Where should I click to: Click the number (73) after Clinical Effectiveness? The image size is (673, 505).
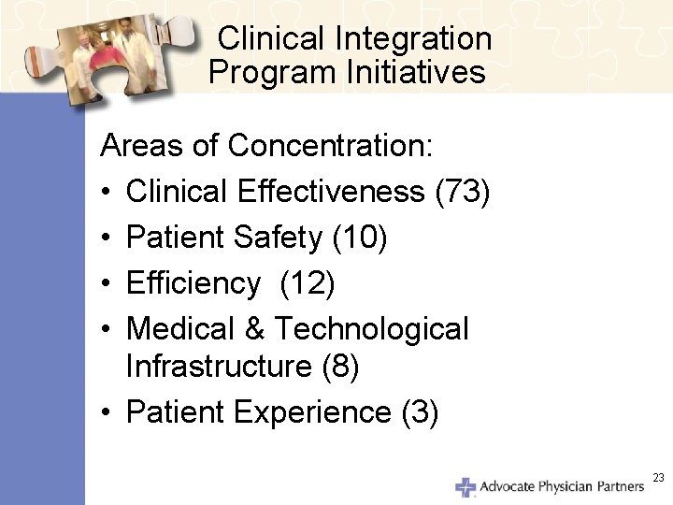(x=463, y=191)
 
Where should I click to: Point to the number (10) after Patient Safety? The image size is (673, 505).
(x=359, y=237)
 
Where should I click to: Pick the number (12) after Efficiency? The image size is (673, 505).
(x=307, y=282)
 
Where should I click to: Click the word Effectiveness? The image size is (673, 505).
(x=335, y=191)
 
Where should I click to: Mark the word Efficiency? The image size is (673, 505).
(x=193, y=282)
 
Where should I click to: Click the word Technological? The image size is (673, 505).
(x=371, y=328)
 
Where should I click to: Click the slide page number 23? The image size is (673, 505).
(x=658, y=478)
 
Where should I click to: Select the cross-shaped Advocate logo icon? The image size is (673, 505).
(x=465, y=486)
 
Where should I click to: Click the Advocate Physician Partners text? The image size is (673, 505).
(x=561, y=486)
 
